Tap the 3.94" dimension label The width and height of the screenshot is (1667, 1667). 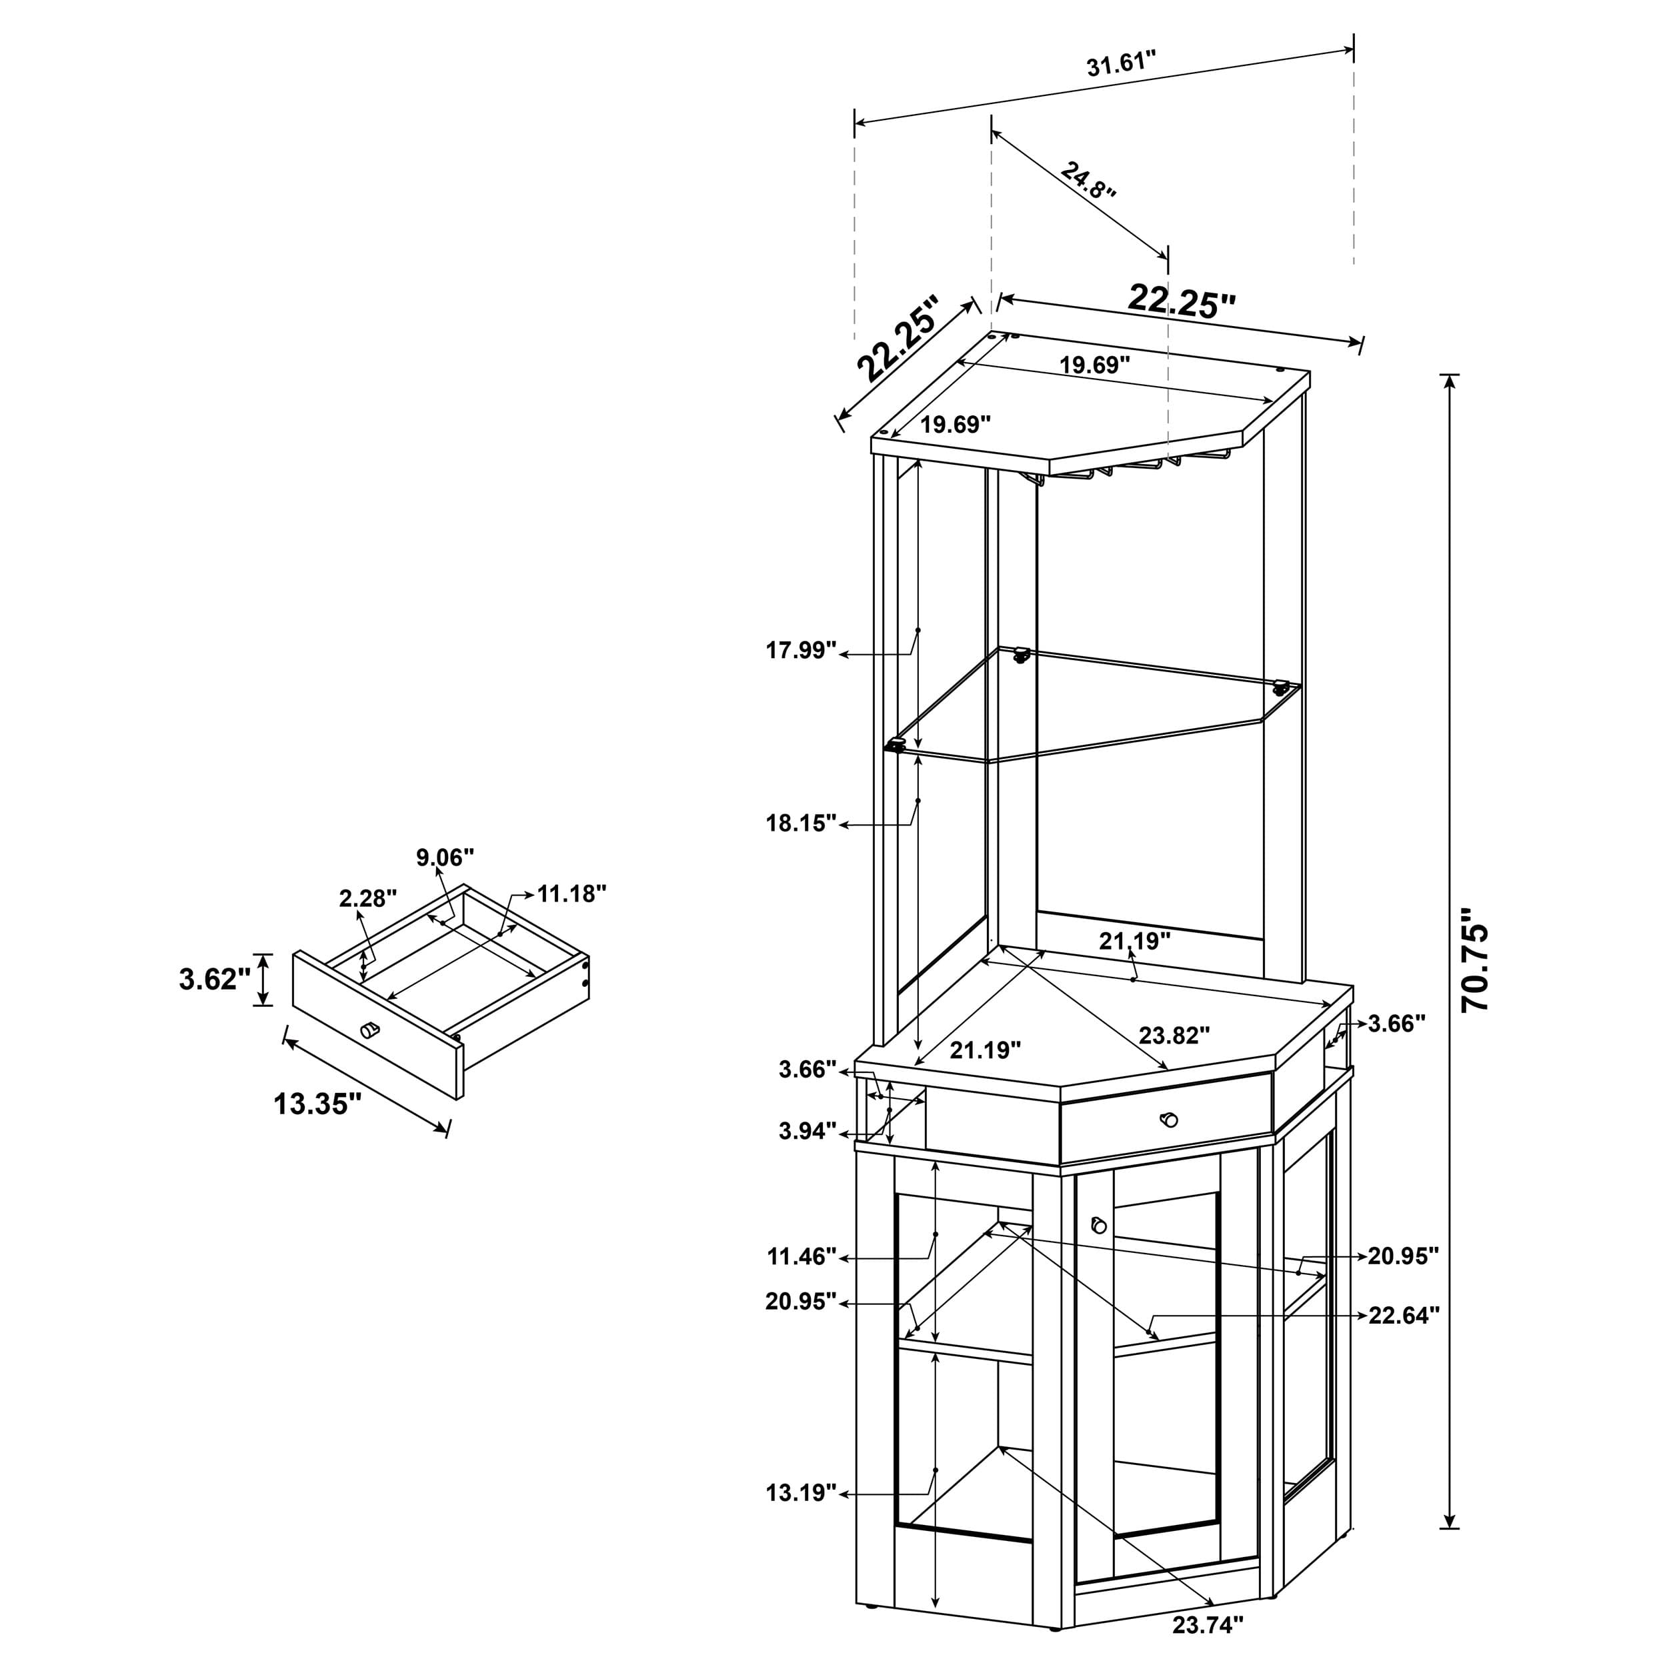[807, 1130]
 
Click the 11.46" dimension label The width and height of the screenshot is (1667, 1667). [801, 1256]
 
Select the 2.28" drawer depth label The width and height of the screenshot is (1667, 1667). [367, 898]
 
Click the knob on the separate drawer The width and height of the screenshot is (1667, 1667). [369, 1030]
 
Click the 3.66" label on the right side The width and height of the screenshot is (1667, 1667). [1396, 1024]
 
